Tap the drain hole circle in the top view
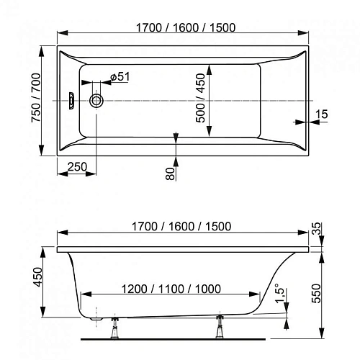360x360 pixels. [x=96, y=102]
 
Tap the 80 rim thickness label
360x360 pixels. [x=170, y=172]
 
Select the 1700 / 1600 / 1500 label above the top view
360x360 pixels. [x=182, y=27]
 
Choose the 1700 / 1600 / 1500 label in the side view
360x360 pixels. [x=182, y=226]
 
